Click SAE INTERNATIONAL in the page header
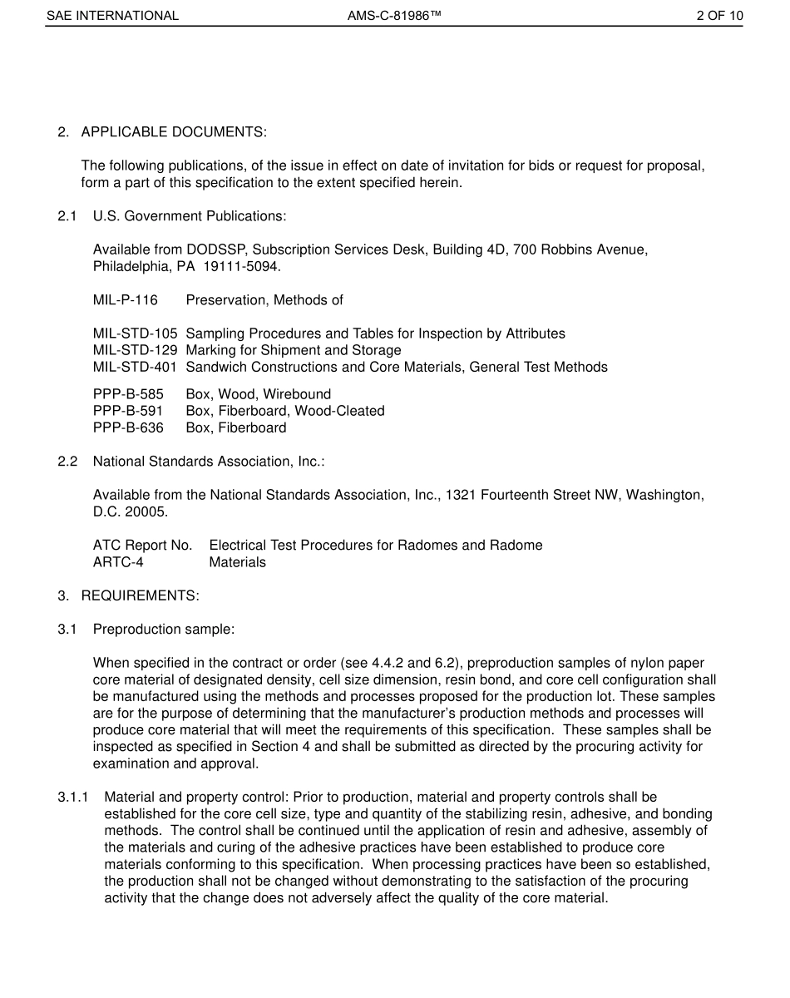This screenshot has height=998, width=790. (x=112, y=16)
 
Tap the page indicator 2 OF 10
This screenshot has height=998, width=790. (x=719, y=16)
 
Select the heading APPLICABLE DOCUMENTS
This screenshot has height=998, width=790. (x=174, y=132)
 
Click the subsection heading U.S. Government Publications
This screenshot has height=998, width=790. (x=190, y=216)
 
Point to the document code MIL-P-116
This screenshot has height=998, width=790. (x=125, y=299)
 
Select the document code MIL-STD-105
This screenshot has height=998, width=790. (x=135, y=333)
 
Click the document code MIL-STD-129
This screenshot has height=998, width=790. (x=135, y=350)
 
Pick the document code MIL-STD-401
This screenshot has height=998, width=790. (x=135, y=367)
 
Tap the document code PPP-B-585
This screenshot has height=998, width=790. (x=128, y=394)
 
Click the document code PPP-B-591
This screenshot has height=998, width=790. (x=128, y=411)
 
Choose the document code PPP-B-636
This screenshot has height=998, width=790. (x=128, y=427)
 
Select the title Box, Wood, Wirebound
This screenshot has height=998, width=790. (x=259, y=394)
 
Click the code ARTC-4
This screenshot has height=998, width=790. (x=118, y=562)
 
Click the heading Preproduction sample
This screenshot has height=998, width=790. (x=164, y=630)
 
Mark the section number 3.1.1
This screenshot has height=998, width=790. (x=73, y=798)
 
